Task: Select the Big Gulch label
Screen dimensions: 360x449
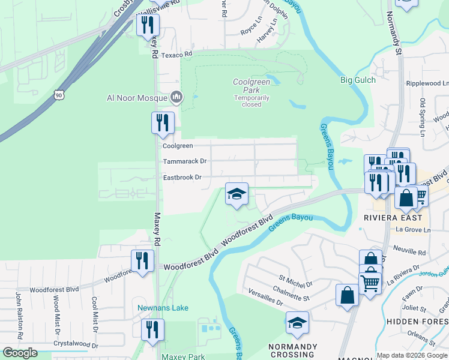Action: (x=358, y=80)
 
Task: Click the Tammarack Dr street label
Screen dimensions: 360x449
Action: (x=185, y=161)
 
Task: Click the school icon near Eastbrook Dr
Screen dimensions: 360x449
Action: (x=237, y=194)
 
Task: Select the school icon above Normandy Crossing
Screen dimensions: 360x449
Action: (x=297, y=323)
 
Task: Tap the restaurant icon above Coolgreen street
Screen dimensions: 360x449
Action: (x=163, y=123)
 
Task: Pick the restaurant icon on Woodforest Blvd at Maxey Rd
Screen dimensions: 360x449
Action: (x=142, y=261)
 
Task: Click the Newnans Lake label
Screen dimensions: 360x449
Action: (x=163, y=308)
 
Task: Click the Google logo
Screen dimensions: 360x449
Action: (x=20, y=353)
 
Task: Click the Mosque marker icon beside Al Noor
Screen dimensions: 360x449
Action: (x=176, y=97)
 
